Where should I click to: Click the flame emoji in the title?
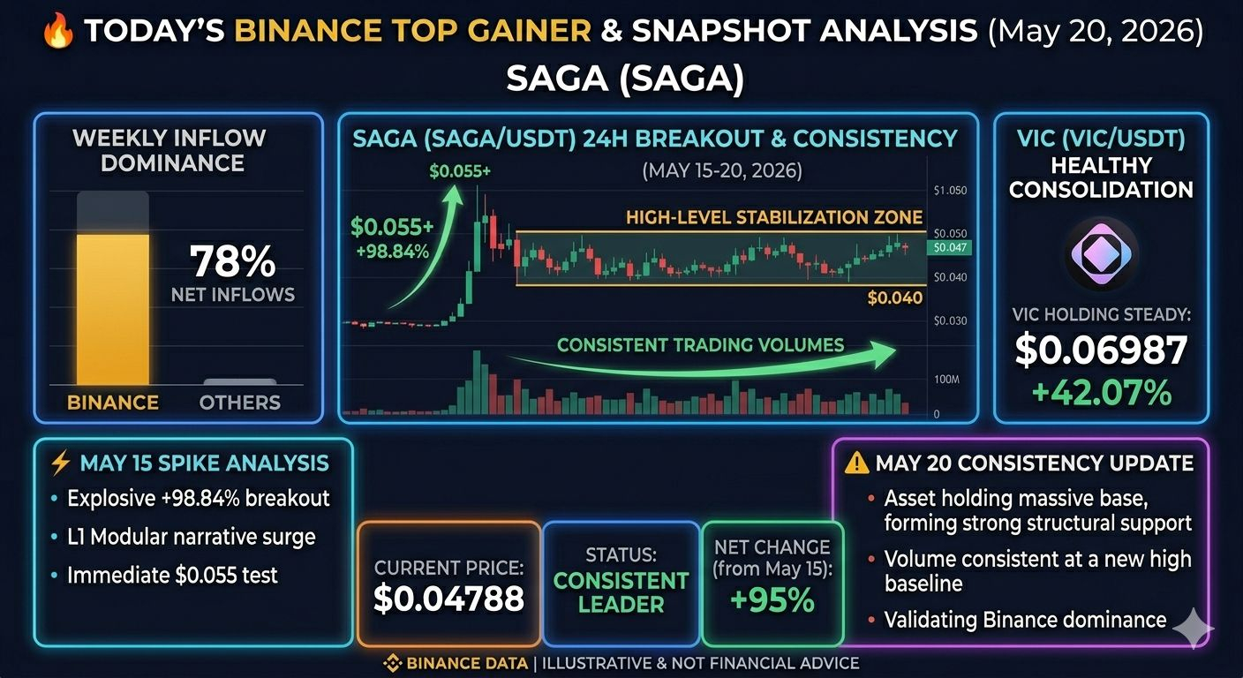click(58, 30)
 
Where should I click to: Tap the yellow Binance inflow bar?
click(113, 309)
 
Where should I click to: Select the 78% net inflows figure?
click(232, 261)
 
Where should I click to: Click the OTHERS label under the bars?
click(240, 403)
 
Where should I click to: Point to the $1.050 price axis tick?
click(950, 191)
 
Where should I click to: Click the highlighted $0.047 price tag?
click(949, 247)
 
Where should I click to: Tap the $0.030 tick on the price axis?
click(950, 320)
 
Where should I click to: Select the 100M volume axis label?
click(946, 380)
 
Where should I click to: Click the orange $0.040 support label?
click(894, 298)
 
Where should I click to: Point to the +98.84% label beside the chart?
click(392, 252)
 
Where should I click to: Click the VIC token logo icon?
click(1101, 253)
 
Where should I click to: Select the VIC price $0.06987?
click(1101, 350)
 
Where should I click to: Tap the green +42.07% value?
click(1102, 393)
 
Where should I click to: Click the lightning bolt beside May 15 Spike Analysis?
click(60, 463)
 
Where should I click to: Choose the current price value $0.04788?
click(449, 599)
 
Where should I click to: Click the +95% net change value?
click(772, 600)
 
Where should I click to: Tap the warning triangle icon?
click(856, 463)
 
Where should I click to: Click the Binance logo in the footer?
click(392, 663)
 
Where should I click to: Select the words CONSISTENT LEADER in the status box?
click(621, 592)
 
